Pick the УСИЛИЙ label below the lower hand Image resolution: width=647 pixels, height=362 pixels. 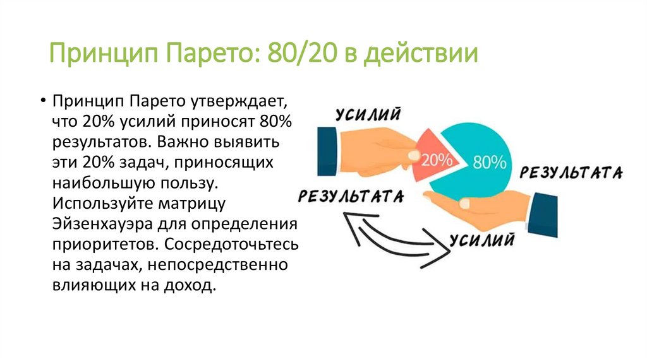tap(481, 239)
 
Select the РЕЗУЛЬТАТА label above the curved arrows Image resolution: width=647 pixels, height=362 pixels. tap(351, 196)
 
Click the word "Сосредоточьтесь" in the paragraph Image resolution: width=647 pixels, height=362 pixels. tap(245, 244)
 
